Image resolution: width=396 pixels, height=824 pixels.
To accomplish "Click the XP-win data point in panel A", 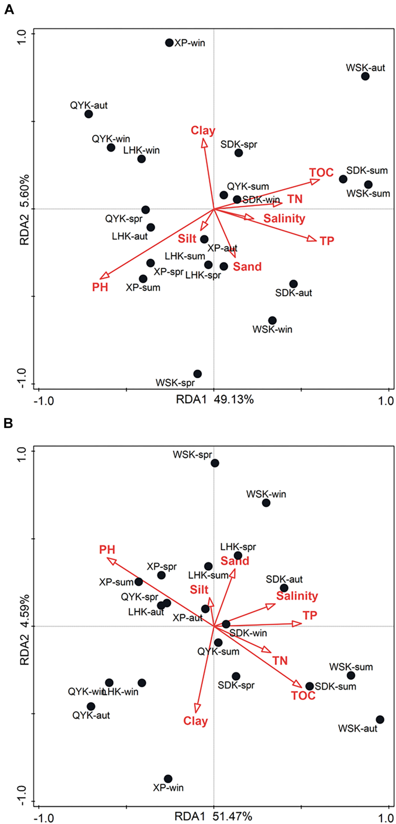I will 169,43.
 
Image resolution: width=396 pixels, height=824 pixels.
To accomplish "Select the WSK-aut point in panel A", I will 365,76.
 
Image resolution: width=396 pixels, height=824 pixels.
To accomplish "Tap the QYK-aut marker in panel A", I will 89,114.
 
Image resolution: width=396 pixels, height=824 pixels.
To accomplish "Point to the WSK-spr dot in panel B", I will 215,463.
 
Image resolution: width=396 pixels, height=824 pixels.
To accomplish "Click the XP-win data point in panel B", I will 168,779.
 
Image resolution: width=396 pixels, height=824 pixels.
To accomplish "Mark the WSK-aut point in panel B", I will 380,720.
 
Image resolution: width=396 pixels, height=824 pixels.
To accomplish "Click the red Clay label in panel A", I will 203,131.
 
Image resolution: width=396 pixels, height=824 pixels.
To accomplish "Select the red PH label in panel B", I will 107,550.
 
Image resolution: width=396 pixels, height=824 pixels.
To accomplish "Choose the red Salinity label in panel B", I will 297,596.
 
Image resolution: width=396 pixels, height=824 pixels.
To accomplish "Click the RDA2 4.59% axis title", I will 25,626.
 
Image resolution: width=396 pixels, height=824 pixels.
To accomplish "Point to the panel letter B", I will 8,424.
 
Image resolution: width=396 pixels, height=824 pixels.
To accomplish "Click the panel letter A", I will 9,10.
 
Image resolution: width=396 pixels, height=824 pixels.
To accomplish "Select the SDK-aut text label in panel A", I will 293,293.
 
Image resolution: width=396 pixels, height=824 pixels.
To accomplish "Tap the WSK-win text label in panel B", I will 266,494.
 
